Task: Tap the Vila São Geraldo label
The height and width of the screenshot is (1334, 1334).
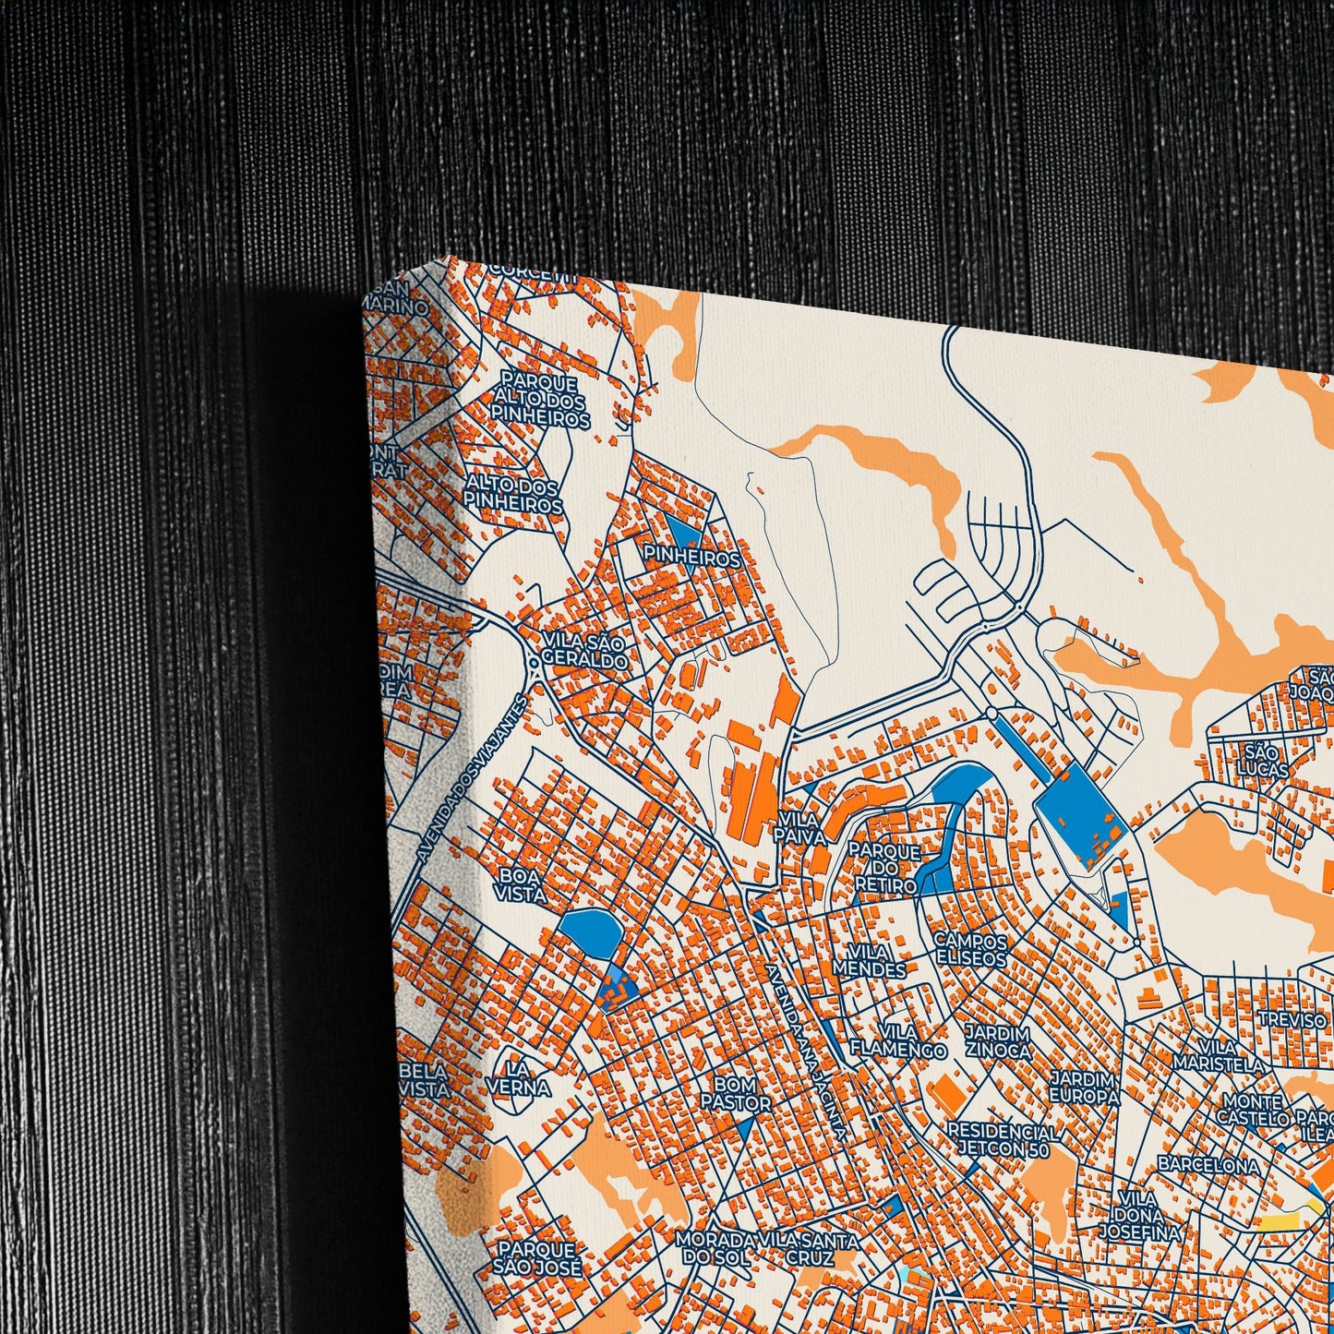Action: [x=584, y=652]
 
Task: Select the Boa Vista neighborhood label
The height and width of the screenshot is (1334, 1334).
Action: [x=520, y=883]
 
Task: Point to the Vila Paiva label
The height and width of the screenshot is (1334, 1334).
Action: [x=799, y=826]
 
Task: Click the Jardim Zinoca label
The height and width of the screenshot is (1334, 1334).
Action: [x=997, y=1040]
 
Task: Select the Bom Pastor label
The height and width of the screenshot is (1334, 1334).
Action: [x=735, y=1093]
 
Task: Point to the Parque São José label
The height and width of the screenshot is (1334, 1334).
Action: [x=540, y=1258]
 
